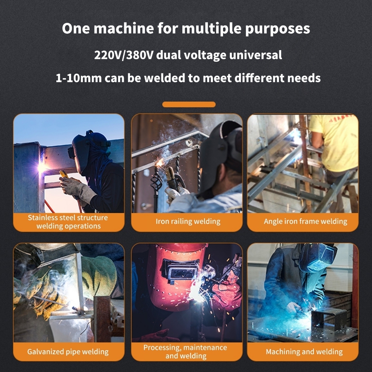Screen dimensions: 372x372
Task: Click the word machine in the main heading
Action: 124,28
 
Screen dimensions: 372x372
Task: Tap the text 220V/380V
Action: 124,55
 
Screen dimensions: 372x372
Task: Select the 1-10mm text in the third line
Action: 78,78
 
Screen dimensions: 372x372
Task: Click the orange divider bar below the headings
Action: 189,104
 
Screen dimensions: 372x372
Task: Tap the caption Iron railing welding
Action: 188,221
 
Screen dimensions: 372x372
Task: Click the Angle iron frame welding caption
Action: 305,221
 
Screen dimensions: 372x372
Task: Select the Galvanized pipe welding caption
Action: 68,352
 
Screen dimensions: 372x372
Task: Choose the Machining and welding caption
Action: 304,352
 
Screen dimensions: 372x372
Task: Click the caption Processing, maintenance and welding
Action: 185,352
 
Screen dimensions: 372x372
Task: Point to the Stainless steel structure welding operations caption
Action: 68,222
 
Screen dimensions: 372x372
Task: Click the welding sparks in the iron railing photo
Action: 161,162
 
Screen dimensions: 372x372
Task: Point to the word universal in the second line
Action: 255,55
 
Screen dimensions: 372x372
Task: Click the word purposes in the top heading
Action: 277,29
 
